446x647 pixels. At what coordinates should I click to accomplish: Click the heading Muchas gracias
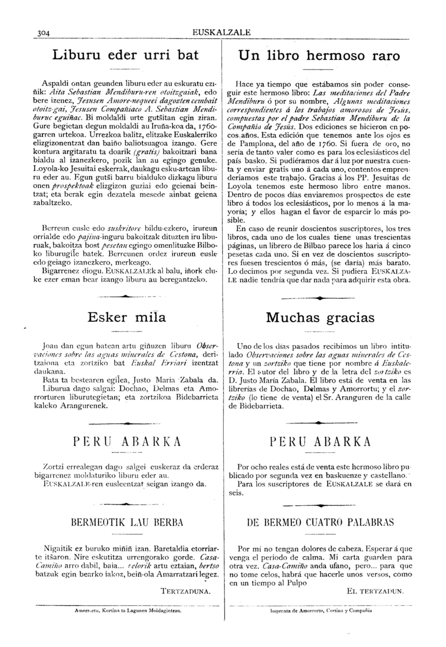click(320, 318)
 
